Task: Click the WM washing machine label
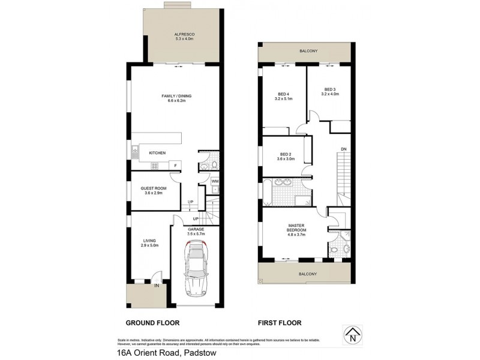(214, 181)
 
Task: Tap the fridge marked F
(175, 165)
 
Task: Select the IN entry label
(157, 286)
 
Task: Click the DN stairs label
(343, 148)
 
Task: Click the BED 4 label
(284, 94)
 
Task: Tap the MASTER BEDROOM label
(296, 227)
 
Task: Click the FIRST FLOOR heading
(280, 323)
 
